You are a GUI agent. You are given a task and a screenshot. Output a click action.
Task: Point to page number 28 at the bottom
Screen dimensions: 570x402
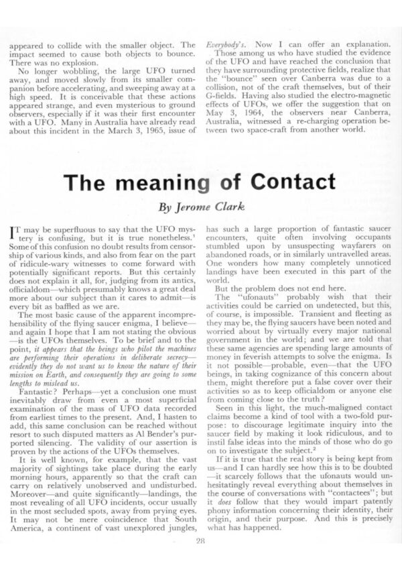(201, 542)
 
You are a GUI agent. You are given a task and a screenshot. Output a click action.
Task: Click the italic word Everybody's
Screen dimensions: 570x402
(224, 44)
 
